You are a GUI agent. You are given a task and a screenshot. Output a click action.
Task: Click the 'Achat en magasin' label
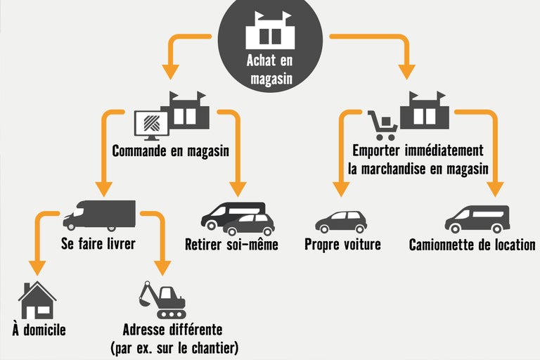270,69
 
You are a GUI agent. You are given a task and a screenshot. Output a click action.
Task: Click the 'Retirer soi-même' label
231,245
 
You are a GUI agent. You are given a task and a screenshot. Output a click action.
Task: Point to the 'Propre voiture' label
342,245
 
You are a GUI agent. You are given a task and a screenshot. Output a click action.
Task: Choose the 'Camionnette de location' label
472,245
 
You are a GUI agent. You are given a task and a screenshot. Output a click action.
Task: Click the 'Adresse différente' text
172,329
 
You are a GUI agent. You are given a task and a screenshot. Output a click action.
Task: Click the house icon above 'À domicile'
37,300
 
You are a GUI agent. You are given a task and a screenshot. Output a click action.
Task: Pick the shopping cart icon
382,126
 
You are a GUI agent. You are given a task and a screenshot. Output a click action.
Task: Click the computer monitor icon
150,124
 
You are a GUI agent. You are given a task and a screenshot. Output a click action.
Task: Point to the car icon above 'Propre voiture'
341,221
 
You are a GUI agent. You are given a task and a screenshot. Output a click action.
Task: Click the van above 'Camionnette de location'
477,219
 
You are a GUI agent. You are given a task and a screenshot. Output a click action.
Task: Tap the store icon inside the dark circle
270,30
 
